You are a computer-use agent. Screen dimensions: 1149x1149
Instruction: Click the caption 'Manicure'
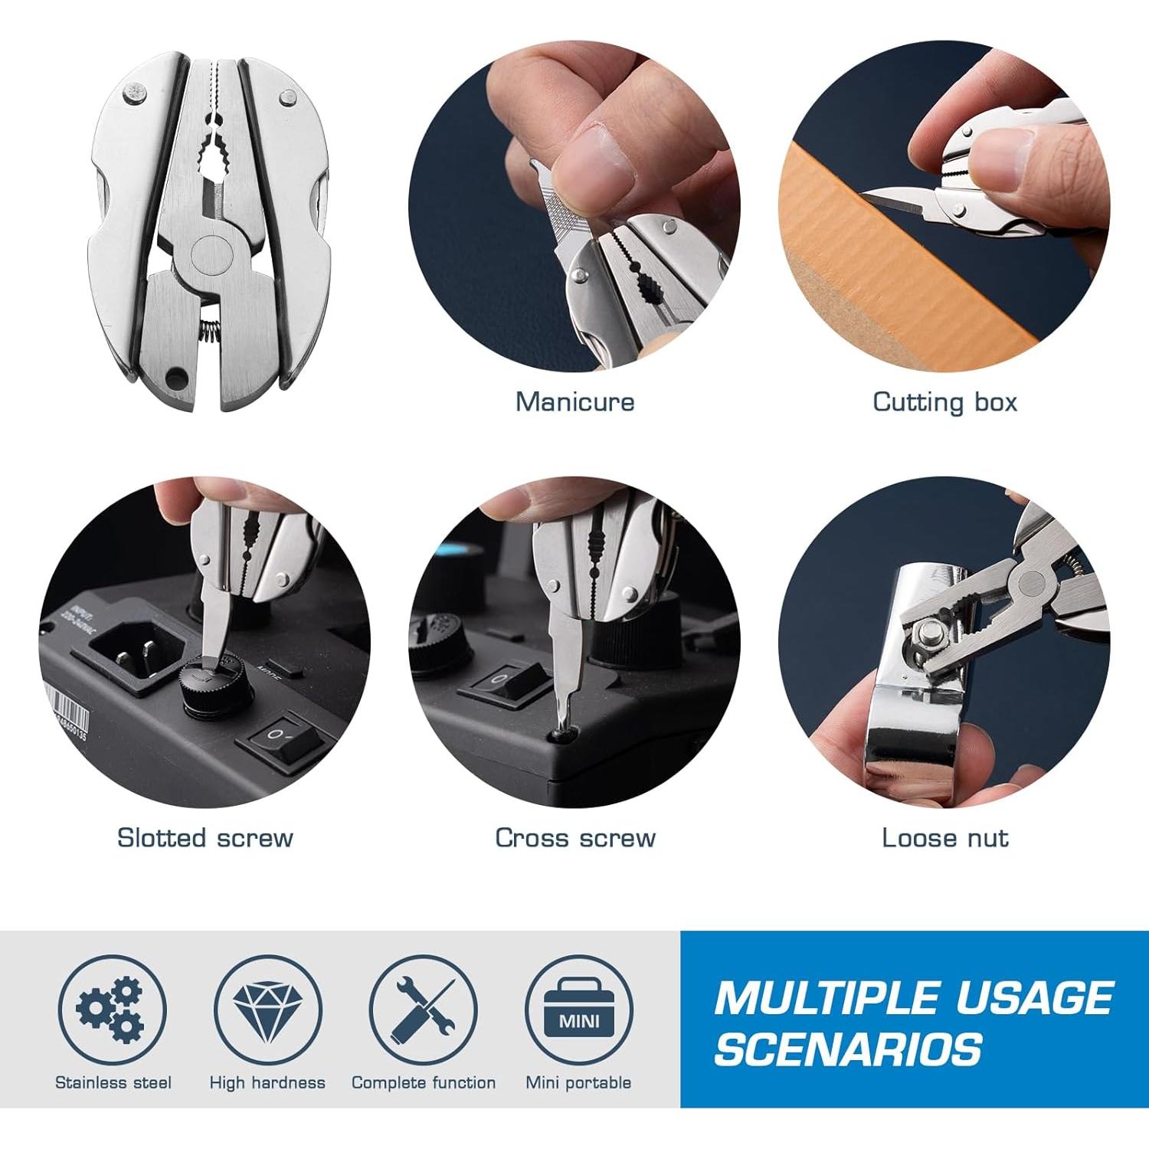coord(574,401)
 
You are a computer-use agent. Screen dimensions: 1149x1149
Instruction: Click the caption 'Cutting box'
coord(944,401)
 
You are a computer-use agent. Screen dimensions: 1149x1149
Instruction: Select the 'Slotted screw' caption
coord(205,837)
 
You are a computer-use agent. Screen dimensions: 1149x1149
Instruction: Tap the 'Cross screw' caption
coord(574,837)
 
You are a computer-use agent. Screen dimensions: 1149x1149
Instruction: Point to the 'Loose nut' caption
coord(944,837)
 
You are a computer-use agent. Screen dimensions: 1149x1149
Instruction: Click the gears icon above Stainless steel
coord(112,1009)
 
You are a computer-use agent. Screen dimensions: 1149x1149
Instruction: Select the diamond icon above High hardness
coord(267,1009)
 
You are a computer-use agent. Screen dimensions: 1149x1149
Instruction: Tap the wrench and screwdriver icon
coord(423,1009)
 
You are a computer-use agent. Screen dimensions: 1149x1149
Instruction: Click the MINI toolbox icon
coord(578,1009)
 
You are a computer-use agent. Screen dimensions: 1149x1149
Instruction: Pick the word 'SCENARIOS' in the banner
coord(848,1049)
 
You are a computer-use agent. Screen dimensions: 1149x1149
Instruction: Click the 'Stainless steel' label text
coord(113,1082)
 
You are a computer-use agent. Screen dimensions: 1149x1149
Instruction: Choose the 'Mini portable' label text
coord(578,1082)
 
